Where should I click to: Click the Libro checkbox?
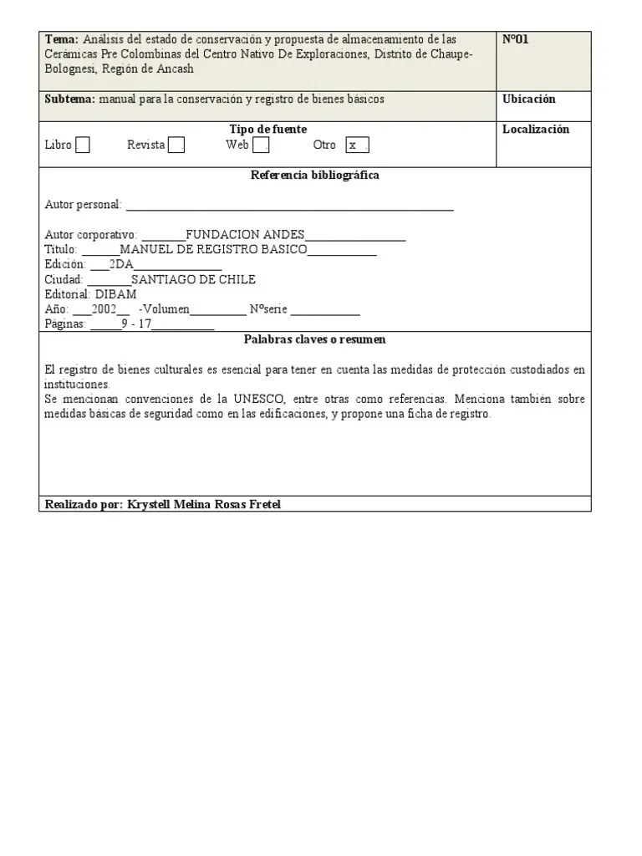(x=82, y=145)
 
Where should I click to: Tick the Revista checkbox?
(x=176, y=145)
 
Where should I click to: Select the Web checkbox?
(x=261, y=145)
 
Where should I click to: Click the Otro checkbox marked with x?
(x=357, y=145)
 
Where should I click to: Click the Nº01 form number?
(x=515, y=39)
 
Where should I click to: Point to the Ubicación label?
(x=528, y=99)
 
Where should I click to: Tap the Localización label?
(x=535, y=129)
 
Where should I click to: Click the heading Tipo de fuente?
(x=267, y=129)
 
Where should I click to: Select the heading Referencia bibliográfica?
(x=314, y=176)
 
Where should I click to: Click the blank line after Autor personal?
(x=289, y=206)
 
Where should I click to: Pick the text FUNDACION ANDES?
(x=245, y=235)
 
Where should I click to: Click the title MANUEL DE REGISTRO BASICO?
(x=214, y=249)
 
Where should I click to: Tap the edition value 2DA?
(x=122, y=264)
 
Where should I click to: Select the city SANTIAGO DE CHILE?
(x=193, y=279)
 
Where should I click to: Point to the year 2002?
(x=104, y=309)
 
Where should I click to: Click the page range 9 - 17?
(x=136, y=324)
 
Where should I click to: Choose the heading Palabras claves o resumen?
(x=314, y=339)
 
